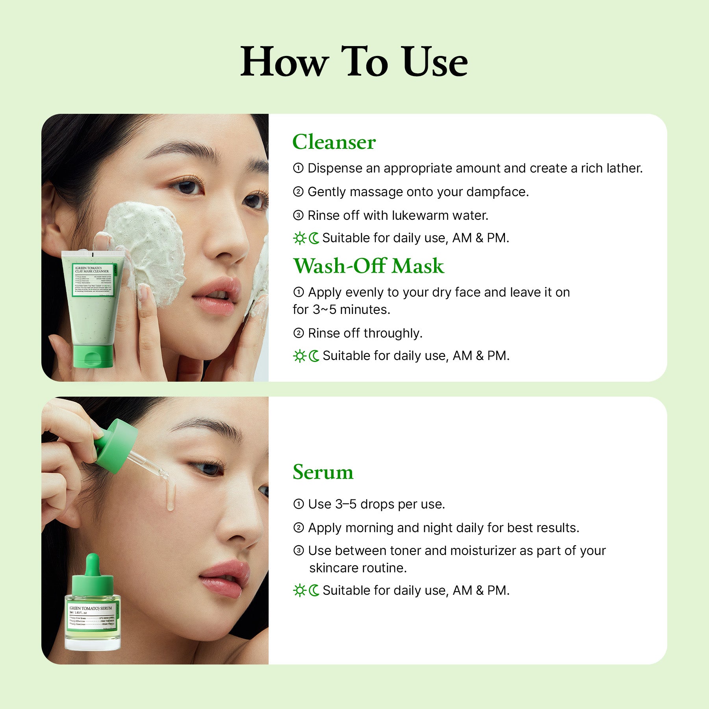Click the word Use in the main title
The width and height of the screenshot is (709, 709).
tap(435, 62)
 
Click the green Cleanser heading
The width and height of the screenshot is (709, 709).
tap(334, 142)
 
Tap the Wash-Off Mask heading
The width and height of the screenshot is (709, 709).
tap(368, 266)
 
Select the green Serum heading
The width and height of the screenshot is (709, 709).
tap(323, 472)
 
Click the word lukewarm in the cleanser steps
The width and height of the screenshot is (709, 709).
tap(420, 215)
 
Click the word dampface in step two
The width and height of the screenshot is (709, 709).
tap(497, 192)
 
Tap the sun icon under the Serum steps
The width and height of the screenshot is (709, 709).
tap(300, 590)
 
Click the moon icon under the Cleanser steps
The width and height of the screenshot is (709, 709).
tap(314, 238)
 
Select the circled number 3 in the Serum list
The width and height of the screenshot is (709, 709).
tap(299, 551)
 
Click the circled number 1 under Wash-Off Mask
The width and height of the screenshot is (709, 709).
tap(299, 292)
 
